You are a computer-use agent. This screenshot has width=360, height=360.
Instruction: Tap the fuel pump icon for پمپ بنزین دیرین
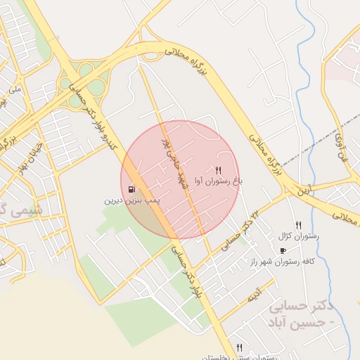132,189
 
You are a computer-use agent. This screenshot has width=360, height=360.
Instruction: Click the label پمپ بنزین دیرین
134,200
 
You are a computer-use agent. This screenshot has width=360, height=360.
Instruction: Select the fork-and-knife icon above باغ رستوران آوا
219,170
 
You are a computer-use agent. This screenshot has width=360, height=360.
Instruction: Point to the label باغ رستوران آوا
219,181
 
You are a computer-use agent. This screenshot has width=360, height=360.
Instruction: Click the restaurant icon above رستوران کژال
298,224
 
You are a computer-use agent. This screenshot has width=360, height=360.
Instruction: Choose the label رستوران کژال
299,236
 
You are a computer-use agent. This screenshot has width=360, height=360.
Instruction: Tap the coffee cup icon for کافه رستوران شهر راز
283,250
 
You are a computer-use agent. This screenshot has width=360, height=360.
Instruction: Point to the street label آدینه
253,296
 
